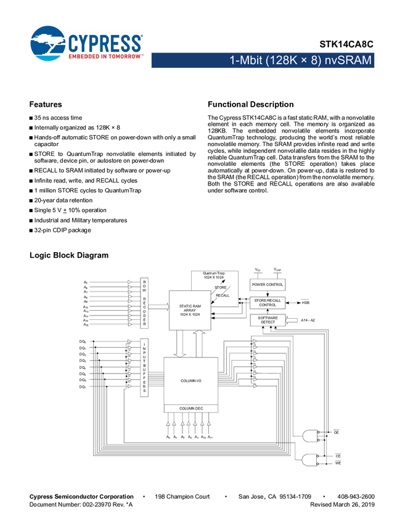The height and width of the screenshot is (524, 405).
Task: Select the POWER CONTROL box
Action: (x=267, y=285)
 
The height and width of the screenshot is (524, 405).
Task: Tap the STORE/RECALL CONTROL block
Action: (x=268, y=303)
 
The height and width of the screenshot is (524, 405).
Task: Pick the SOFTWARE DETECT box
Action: (x=268, y=321)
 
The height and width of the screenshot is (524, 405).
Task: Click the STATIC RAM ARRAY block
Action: (x=190, y=310)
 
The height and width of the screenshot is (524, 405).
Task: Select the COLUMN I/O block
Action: (x=190, y=381)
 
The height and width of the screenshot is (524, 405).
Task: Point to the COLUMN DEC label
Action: (x=190, y=408)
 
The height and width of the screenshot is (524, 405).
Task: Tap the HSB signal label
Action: (x=305, y=303)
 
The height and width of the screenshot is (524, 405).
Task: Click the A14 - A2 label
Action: (x=308, y=320)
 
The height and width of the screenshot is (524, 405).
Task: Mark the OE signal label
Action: (x=336, y=433)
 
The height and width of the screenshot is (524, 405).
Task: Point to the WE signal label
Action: (x=337, y=462)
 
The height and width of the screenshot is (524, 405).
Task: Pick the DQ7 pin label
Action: (x=83, y=387)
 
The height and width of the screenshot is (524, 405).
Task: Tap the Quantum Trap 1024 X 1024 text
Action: (x=214, y=276)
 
